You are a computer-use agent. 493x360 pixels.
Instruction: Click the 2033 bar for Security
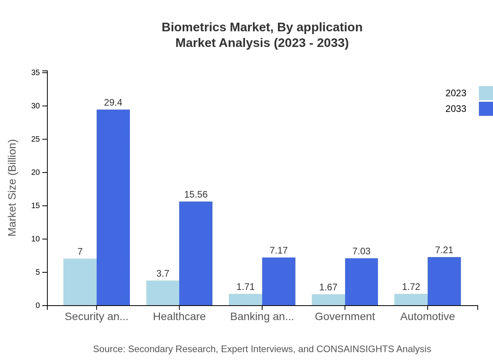tap(113, 207)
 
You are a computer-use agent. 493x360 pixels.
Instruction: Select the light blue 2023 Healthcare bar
tap(163, 293)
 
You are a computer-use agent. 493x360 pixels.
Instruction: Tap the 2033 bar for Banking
tap(279, 281)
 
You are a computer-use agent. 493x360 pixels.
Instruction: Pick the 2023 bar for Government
tap(328, 300)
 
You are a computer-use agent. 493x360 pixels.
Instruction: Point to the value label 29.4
tap(113, 103)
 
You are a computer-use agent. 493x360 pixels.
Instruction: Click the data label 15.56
tap(196, 194)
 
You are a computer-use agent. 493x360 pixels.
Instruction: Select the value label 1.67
tap(328, 287)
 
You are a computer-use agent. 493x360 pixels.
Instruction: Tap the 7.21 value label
tap(444, 250)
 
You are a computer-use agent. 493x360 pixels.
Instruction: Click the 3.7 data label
tap(163, 274)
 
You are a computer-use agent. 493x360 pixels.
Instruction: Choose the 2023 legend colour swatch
tap(486, 93)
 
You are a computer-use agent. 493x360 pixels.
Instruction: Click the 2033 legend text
tap(456, 109)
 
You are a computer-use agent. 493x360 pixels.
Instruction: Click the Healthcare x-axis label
tap(179, 317)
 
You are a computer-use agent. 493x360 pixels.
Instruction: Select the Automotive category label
tap(427, 317)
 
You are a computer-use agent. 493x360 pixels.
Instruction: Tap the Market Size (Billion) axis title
tap(13, 188)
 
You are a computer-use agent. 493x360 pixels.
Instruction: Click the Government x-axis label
tap(345, 317)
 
